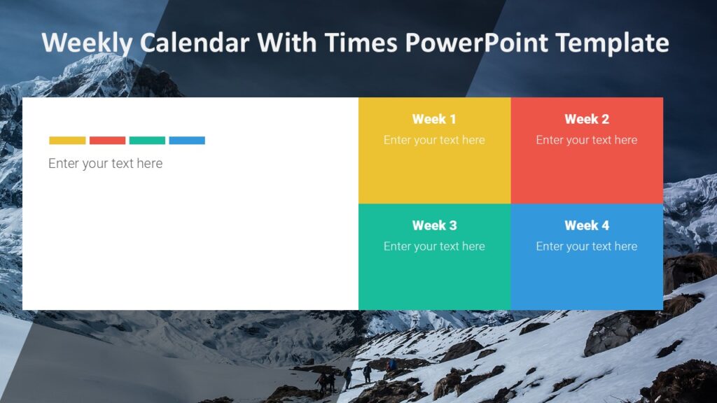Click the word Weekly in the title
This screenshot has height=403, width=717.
click(87, 43)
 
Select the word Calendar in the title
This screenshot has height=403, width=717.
click(194, 43)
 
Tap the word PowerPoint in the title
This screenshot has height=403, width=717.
click(476, 43)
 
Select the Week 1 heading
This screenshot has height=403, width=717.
click(434, 119)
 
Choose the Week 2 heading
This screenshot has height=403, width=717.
click(587, 119)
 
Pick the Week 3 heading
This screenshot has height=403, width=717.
click(434, 225)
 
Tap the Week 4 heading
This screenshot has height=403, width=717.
click(587, 225)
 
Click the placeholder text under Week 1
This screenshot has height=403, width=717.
click(434, 140)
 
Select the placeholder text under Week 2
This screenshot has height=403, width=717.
click(587, 140)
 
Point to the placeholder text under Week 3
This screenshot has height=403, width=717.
click(434, 246)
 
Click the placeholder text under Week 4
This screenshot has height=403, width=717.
click(587, 246)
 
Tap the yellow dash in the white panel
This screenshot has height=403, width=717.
click(67, 141)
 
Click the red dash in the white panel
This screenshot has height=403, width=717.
click(107, 141)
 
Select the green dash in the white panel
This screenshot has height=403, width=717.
click(147, 141)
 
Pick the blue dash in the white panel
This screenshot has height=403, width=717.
click(187, 141)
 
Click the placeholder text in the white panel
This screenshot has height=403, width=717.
click(105, 164)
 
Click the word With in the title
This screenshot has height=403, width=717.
click(283, 43)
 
